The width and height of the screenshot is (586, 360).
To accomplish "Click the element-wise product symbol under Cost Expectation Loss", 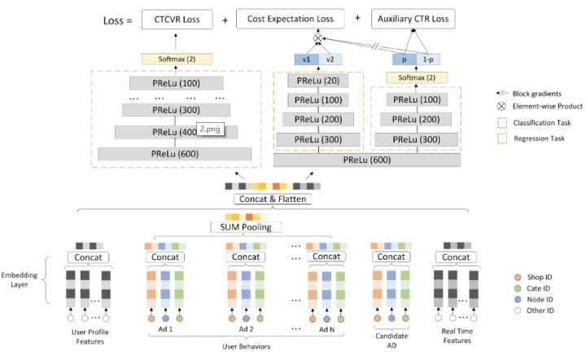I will point(318,39).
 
